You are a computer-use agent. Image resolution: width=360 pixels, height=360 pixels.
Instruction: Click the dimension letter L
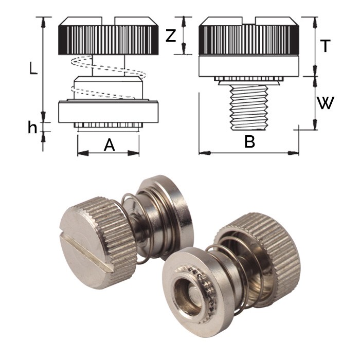point(32,68)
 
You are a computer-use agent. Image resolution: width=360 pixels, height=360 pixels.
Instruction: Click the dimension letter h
point(32,128)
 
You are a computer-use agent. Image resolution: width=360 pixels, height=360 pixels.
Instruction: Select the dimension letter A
point(109,146)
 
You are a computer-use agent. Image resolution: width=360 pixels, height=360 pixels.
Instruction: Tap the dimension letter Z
point(172,36)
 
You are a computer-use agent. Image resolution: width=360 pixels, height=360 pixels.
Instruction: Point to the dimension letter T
point(325,46)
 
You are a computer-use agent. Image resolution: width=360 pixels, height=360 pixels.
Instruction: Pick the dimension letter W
point(325,103)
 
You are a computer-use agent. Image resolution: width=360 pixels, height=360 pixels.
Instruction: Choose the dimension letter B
point(249,142)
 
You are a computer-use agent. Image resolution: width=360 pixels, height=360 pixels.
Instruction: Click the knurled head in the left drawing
point(108,40)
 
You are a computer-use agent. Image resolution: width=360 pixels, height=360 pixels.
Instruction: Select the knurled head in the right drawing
point(249,40)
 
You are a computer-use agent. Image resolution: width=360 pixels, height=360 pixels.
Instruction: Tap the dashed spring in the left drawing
point(105,77)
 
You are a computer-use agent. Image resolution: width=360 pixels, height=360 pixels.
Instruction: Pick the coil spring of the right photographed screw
point(242,273)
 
